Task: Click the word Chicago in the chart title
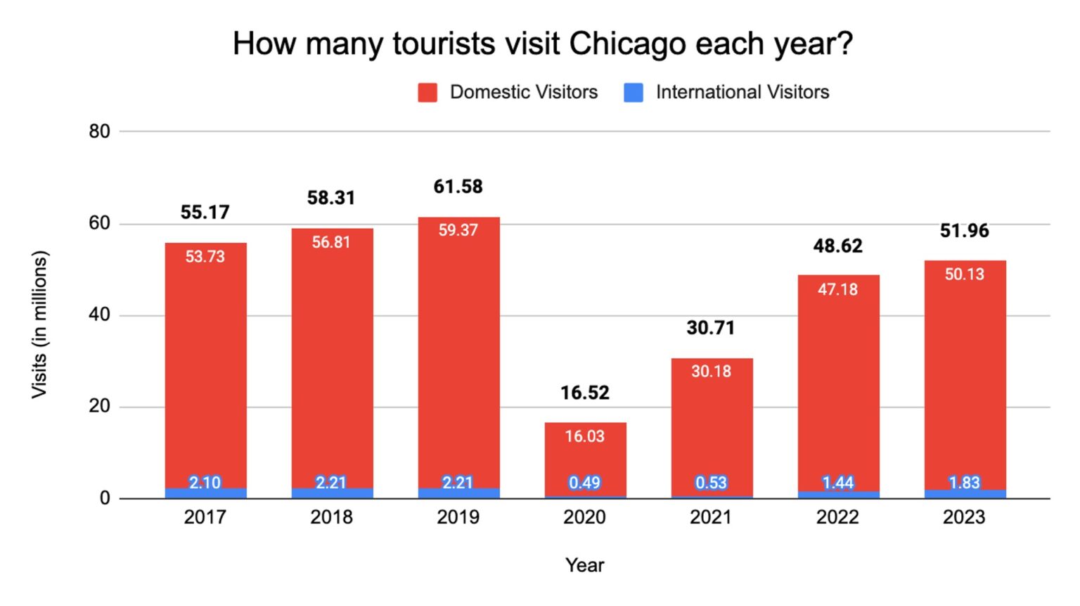pos(626,44)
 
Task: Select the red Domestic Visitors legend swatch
pos(427,92)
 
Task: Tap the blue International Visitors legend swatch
pos(634,92)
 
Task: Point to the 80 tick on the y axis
pos(99,132)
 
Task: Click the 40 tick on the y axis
pos(99,315)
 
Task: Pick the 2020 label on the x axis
pos(584,517)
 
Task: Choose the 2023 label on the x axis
pos(964,517)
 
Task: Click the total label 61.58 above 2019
pos(458,187)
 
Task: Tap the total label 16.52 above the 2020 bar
pos(584,393)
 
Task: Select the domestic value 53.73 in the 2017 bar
pos(205,257)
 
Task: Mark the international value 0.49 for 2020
pos(584,483)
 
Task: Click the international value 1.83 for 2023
pos(964,483)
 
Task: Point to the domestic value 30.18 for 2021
pos(711,372)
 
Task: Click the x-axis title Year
pos(584,565)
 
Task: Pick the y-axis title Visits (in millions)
pos(39,324)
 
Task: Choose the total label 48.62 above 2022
pos(837,246)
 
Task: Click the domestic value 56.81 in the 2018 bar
pos(331,242)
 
